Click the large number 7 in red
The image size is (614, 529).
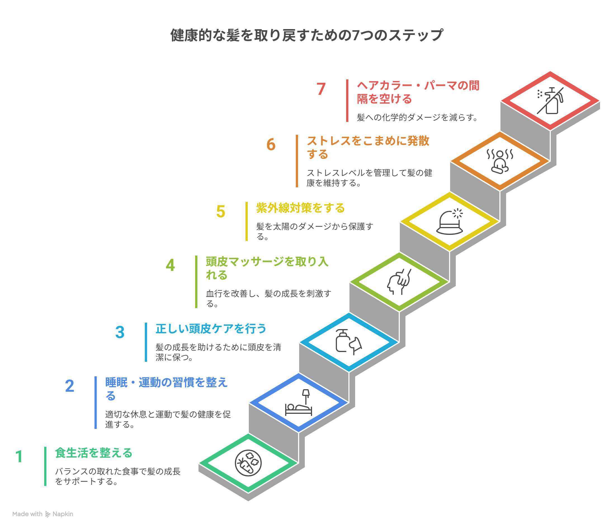tap(321, 89)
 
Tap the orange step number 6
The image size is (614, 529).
tap(271, 145)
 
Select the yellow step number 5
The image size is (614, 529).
tap(221, 212)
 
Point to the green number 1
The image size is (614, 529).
tap(19, 457)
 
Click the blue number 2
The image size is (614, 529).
tap(69, 386)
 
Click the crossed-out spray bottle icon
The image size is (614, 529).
tap(550, 101)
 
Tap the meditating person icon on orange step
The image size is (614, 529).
tap(500, 162)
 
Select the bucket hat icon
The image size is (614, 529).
tap(450, 222)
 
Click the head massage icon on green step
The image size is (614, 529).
tap(399, 282)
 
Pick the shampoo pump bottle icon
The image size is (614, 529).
tap(348, 342)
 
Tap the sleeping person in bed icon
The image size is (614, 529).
tap(298, 403)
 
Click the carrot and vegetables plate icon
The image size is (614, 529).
tap(248, 463)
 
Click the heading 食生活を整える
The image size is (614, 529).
tap(94, 453)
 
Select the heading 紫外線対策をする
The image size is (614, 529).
tap(300, 208)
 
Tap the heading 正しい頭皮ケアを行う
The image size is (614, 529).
tap(211, 329)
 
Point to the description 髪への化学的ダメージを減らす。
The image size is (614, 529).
tap(417, 117)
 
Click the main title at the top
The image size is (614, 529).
tap(307, 35)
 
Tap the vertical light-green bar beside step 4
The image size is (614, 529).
tap(196, 282)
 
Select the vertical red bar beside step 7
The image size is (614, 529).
tap(347, 100)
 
